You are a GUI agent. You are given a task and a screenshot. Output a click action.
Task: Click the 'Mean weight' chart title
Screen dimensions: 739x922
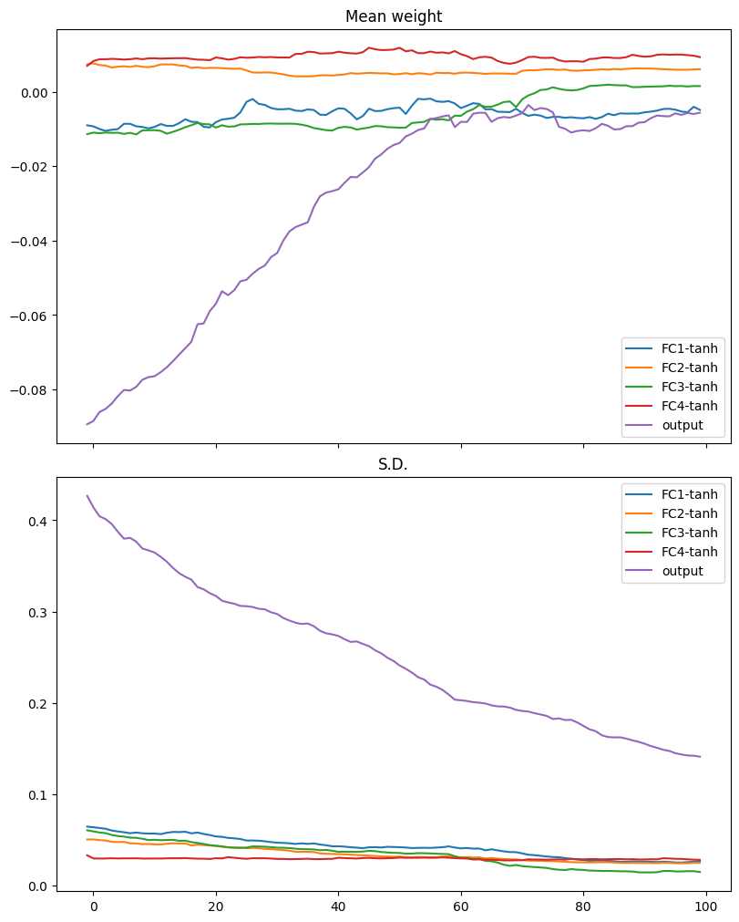tap(394, 16)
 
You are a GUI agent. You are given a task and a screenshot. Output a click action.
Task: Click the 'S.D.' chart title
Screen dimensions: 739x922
tap(393, 464)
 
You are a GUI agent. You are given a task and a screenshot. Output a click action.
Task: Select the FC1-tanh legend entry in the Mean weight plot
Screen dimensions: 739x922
tap(672, 348)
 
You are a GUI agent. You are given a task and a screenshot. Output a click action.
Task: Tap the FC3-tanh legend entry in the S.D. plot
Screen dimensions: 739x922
tap(672, 533)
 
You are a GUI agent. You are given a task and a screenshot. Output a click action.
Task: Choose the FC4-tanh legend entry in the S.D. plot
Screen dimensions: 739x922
tap(672, 552)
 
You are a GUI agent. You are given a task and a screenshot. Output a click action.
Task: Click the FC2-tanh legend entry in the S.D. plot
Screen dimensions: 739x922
tap(672, 514)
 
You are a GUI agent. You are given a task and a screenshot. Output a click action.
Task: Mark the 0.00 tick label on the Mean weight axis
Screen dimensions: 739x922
tap(35, 93)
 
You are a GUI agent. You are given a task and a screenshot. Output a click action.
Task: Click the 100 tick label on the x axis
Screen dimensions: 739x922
tap(706, 906)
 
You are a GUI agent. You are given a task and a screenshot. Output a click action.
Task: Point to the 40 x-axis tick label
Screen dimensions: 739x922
tap(338, 906)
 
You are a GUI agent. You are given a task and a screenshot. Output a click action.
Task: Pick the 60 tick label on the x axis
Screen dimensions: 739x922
tap(461, 906)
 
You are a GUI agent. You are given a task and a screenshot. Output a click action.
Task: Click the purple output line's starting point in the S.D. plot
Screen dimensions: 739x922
tap(87, 495)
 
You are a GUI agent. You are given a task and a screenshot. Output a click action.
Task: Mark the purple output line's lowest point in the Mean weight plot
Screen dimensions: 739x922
tap(87, 424)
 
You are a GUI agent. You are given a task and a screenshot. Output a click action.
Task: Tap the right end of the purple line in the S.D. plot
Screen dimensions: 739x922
tap(700, 757)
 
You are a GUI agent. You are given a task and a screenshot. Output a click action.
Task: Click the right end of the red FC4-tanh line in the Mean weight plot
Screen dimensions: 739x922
tap(700, 57)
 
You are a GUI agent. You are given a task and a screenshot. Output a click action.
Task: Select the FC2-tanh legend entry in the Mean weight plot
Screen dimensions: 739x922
tap(672, 368)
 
